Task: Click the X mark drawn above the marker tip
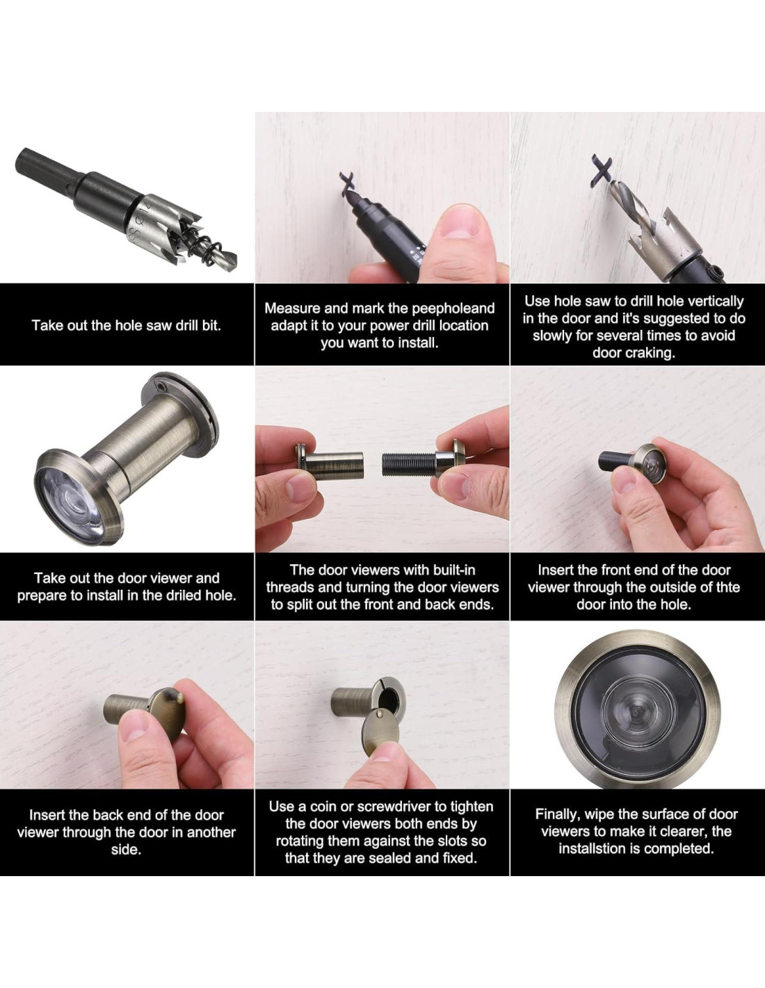coord(348,183)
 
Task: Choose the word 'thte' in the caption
coord(726,587)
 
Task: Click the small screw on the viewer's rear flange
coord(160,388)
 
